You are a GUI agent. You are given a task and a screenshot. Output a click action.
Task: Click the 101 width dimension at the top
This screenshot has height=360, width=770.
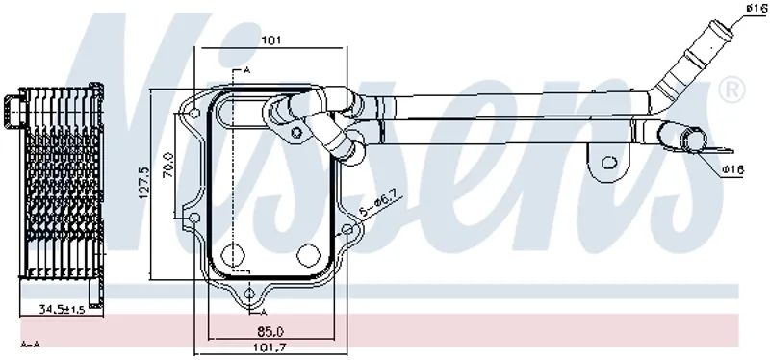tap(271, 39)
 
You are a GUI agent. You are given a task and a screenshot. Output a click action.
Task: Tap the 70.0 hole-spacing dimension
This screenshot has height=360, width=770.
tap(168, 165)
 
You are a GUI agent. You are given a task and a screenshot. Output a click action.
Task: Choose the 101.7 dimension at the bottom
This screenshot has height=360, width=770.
tap(270, 347)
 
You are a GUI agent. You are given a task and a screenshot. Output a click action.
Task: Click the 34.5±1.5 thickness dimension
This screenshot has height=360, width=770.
tap(63, 309)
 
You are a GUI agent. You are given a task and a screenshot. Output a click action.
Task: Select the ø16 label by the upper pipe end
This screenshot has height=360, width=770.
tap(757, 8)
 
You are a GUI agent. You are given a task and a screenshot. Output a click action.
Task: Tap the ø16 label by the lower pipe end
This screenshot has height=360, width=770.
tap(732, 169)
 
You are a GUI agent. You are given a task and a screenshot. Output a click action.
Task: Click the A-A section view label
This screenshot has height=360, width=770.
tap(30, 345)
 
